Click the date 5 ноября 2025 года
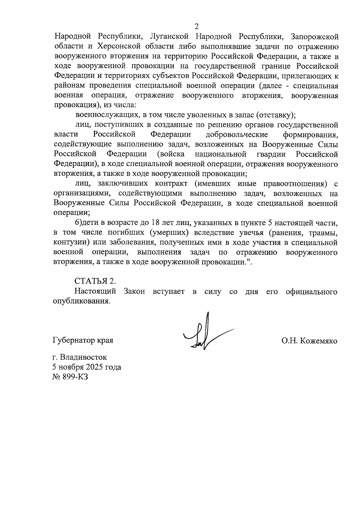87,367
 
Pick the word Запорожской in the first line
314,37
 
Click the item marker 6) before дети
79,223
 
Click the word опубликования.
81,302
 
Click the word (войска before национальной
171,154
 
